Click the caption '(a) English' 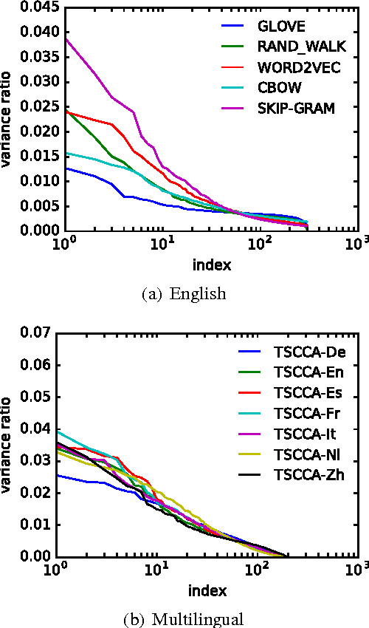184,294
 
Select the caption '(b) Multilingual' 184,618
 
